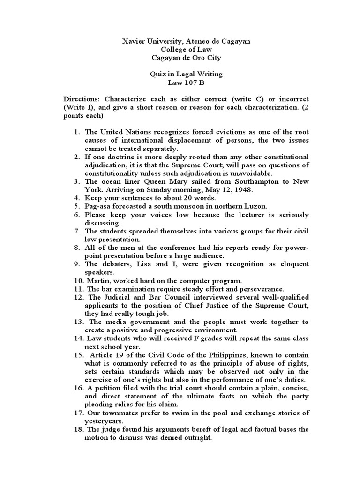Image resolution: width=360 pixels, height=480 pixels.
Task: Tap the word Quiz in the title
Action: (157, 74)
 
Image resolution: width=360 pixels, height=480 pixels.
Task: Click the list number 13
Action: (78, 322)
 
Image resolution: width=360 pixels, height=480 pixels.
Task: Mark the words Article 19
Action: (106, 354)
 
